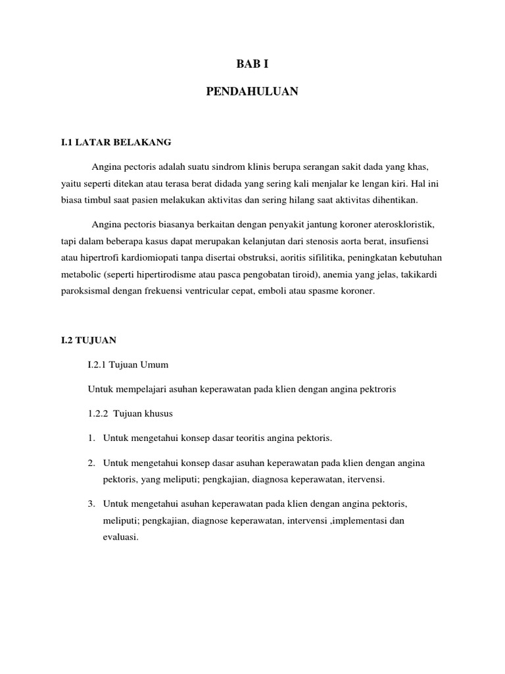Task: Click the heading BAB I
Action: click(252, 65)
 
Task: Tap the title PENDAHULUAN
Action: click(252, 93)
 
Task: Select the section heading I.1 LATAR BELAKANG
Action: click(116, 142)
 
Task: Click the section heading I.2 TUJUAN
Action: click(88, 340)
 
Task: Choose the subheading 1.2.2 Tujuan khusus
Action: click(130, 413)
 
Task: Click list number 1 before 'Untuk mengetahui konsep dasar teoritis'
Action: click(91, 438)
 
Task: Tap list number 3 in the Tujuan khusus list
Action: click(91, 504)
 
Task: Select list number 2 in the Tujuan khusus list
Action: click(91, 463)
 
